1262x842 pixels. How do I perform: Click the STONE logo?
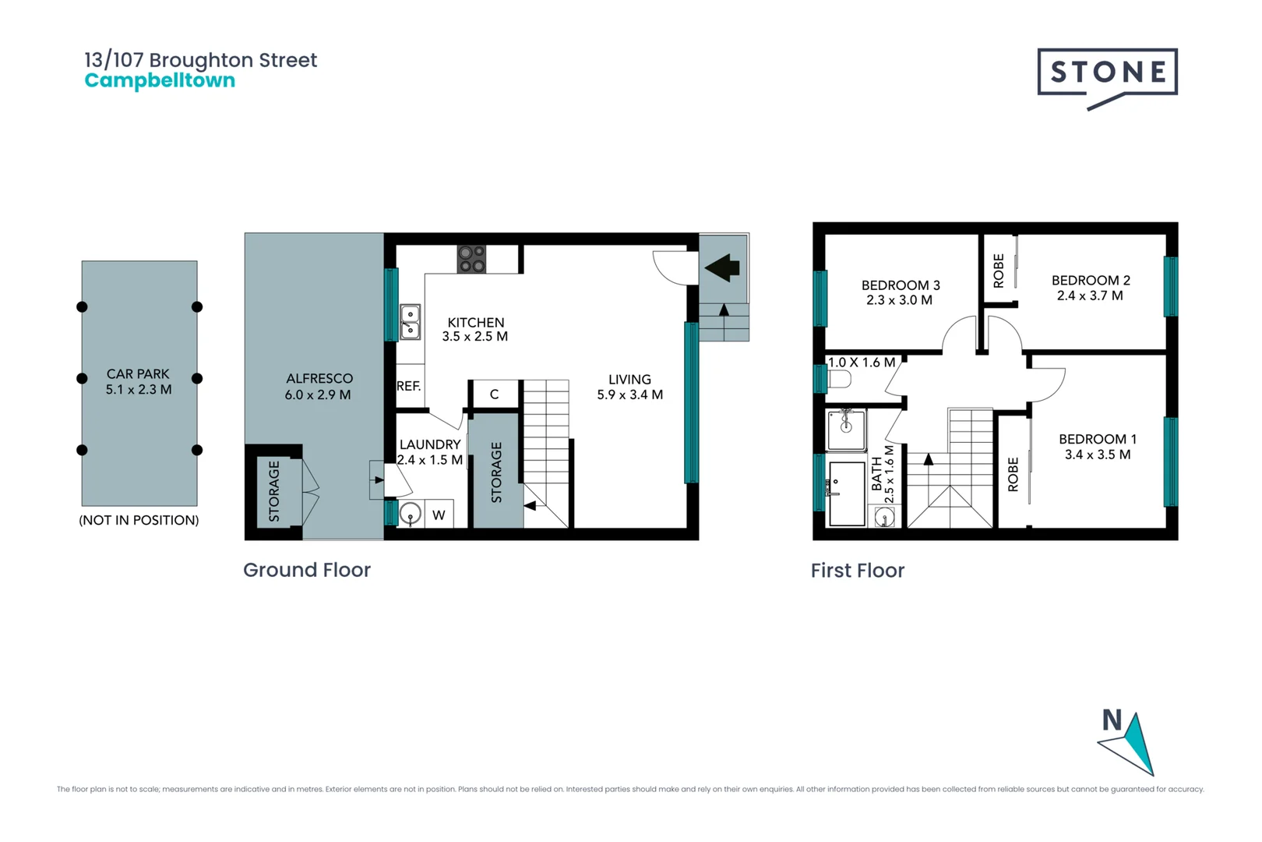pos(1107,73)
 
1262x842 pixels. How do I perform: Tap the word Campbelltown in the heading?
pos(160,81)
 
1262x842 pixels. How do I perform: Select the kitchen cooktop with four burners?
pos(471,259)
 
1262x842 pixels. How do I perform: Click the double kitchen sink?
pos(410,322)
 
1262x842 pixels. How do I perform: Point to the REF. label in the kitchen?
pos(408,386)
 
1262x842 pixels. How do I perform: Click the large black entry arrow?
pos(723,267)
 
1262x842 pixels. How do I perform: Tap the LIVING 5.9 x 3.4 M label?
pos(629,387)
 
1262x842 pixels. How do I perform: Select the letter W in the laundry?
pos(439,515)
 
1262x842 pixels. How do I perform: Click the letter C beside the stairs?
pos(494,394)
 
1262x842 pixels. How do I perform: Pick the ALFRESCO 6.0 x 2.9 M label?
pos(319,387)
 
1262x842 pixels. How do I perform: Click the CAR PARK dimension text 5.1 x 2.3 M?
pos(139,389)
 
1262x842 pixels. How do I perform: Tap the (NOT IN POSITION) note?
pos(139,520)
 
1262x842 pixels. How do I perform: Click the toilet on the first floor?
pos(839,380)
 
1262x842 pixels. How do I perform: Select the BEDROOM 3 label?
pos(900,292)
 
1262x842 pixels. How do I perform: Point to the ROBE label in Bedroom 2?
pos(999,271)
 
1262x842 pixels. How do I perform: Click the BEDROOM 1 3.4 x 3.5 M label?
pos(1097,447)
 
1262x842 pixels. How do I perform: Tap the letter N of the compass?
pos(1112,720)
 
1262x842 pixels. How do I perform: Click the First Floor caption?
pos(857,571)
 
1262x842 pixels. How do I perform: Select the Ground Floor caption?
pos(306,570)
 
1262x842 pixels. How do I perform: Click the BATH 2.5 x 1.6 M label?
pos(883,474)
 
